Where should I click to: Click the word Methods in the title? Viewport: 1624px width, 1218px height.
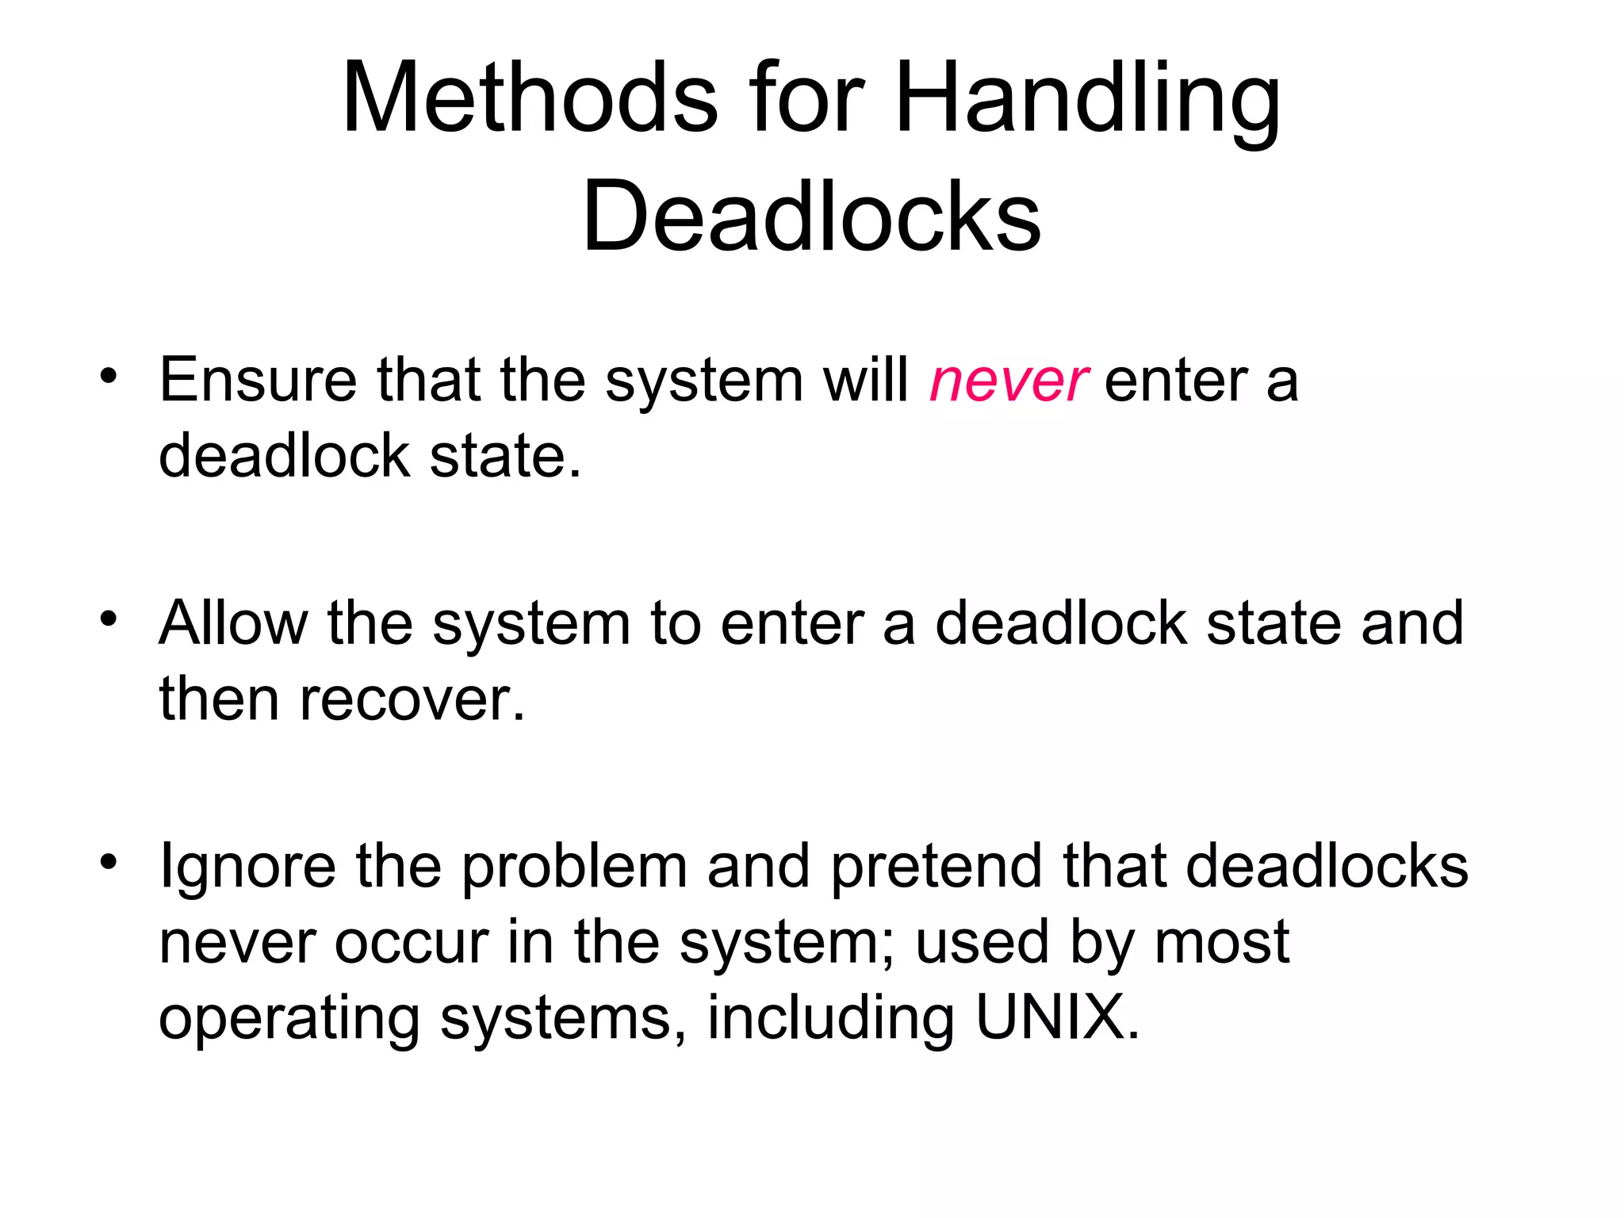(530, 99)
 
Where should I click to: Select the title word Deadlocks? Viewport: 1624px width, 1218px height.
(811, 216)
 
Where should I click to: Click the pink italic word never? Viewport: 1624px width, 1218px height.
(1008, 381)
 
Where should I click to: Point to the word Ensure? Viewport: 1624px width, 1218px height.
(258, 381)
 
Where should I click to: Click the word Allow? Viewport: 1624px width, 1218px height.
(233, 623)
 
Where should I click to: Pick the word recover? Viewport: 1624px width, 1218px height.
(412, 700)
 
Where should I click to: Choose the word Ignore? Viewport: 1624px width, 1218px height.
(247, 867)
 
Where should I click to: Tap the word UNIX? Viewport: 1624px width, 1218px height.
(1056, 1017)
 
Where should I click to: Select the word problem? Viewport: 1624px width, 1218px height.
(575, 867)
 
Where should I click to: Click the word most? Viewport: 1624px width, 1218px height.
(1222, 943)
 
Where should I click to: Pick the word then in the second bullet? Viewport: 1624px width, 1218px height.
(219, 700)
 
